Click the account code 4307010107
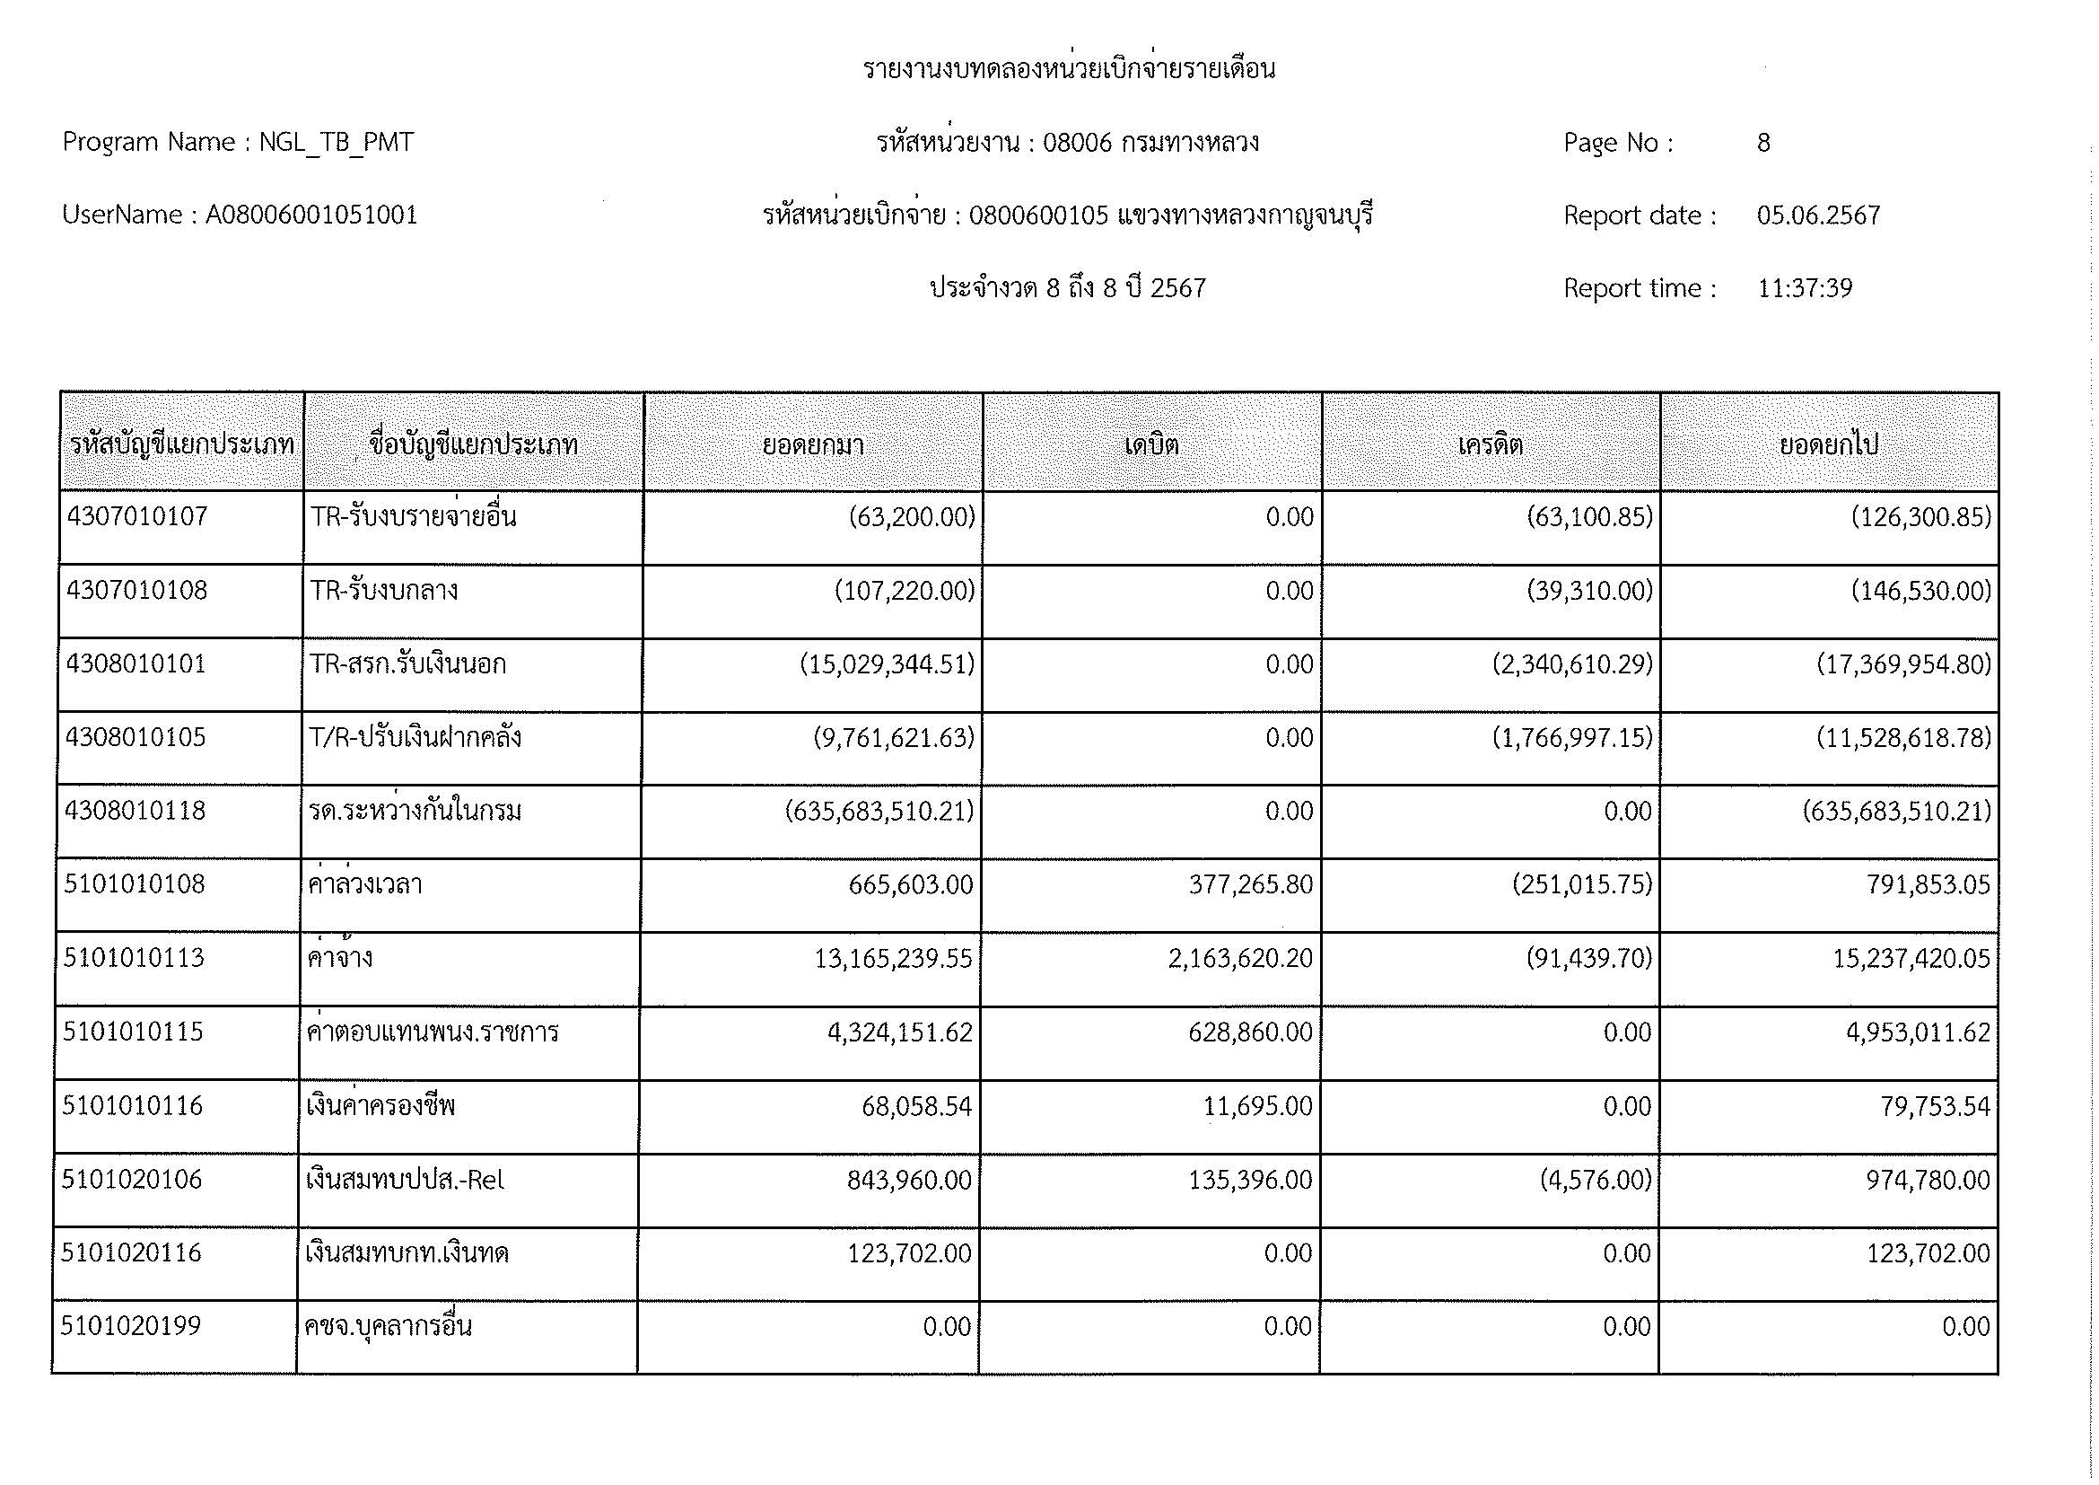(x=137, y=517)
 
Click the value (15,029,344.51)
(x=887, y=664)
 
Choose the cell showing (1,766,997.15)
(x=1572, y=738)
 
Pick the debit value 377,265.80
(x=1250, y=885)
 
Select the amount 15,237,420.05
(x=1911, y=959)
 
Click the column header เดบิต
(x=1152, y=445)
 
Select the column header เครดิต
(x=1491, y=445)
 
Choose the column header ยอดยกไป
(x=1828, y=445)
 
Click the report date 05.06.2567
(x=1818, y=215)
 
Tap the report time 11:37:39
(x=1805, y=289)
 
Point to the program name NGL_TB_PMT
(x=337, y=143)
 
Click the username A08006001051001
(x=311, y=215)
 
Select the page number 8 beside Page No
(x=1763, y=143)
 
